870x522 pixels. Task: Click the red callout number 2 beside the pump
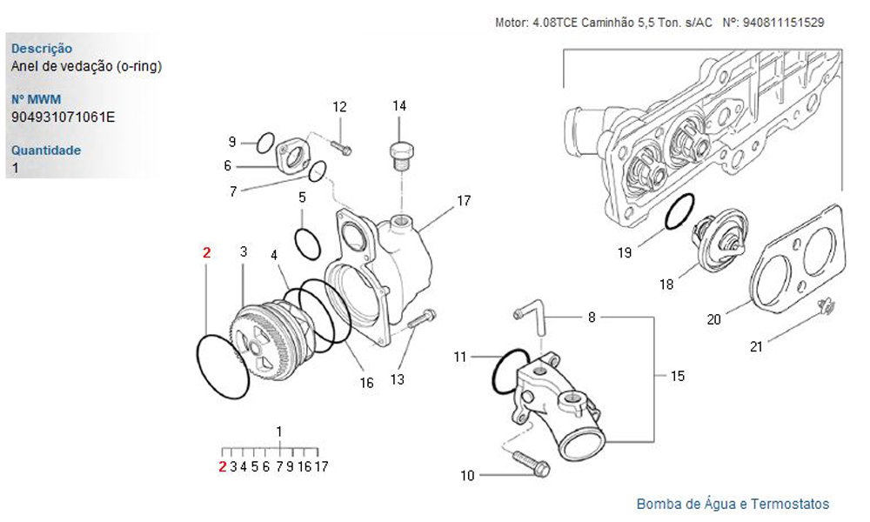click(206, 253)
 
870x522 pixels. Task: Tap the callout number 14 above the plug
click(399, 106)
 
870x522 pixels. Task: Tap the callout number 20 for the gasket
click(713, 319)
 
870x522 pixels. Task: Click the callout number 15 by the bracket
click(677, 376)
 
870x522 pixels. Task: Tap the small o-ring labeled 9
click(265, 141)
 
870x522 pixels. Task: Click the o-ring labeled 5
click(308, 243)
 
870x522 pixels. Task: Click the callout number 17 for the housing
click(464, 201)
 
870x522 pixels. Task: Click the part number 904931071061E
click(63, 115)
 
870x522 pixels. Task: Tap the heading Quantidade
click(46, 150)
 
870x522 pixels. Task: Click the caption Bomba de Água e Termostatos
click(733, 504)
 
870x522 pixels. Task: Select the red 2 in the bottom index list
click(223, 466)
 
